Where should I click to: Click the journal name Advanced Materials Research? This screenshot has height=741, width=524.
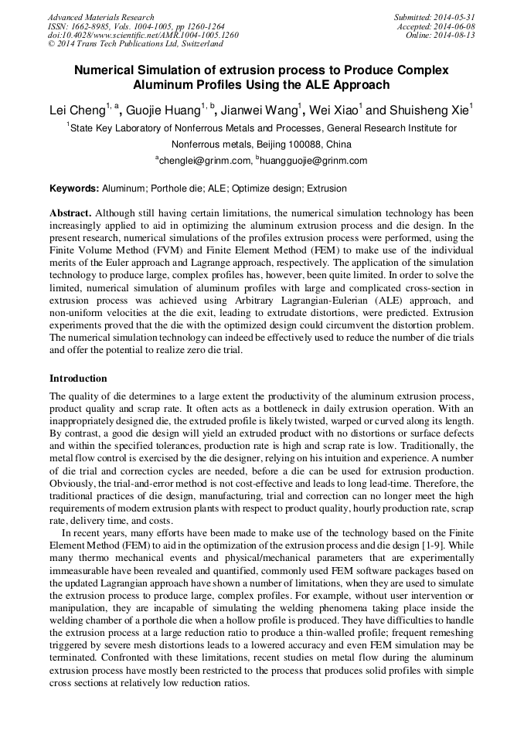click(100, 17)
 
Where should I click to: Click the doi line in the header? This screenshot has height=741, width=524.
click(143, 36)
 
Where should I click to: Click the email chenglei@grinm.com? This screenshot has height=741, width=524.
click(207, 161)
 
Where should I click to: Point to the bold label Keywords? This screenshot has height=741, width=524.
click(74, 189)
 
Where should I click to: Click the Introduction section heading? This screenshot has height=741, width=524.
click(78, 379)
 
